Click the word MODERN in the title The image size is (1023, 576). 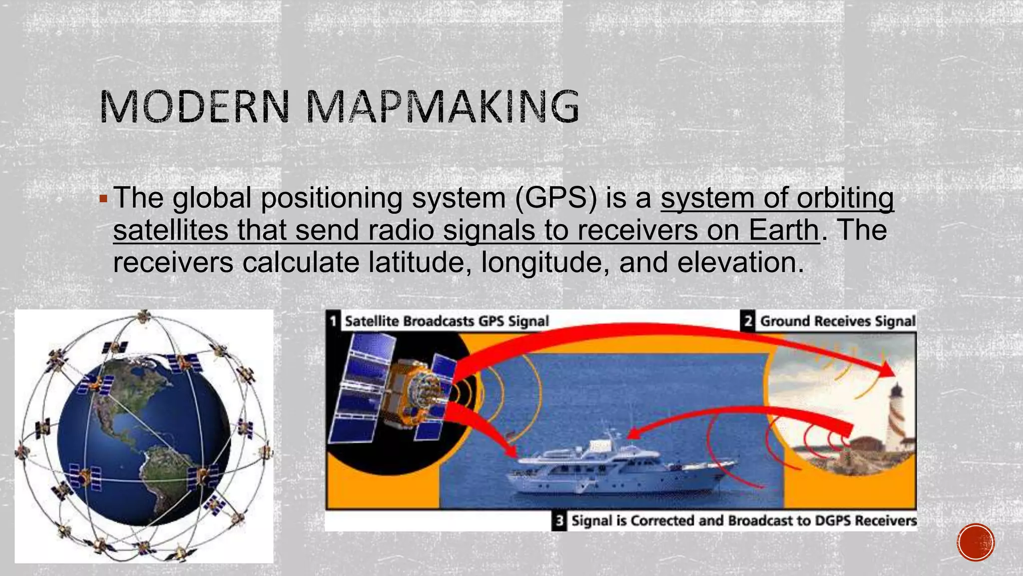(x=195, y=106)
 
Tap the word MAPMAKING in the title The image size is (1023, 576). (x=443, y=106)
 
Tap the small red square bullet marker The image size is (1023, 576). (x=103, y=199)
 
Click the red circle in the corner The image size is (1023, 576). (x=976, y=542)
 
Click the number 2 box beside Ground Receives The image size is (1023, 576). (x=748, y=320)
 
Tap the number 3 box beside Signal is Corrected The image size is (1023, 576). (x=559, y=521)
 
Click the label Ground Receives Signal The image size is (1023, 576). (x=838, y=321)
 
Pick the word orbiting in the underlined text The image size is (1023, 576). (x=845, y=197)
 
